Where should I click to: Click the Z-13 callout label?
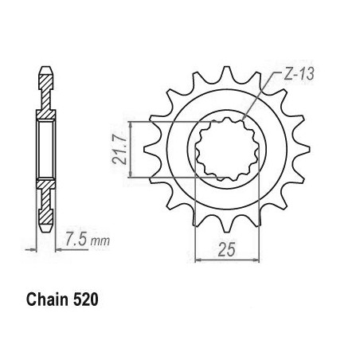click(x=299, y=74)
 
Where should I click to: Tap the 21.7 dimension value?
click(x=119, y=150)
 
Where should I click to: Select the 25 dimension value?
click(x=226, y=250)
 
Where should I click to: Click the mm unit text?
click(x=100, y=241)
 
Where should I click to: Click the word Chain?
click(x=47, y=299)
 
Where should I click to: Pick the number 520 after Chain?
click(x=85, y=299)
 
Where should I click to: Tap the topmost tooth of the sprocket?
click(x=226, y=73)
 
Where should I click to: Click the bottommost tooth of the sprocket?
click(x=226, y=225)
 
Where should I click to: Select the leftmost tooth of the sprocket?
click(x=149, y=150)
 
